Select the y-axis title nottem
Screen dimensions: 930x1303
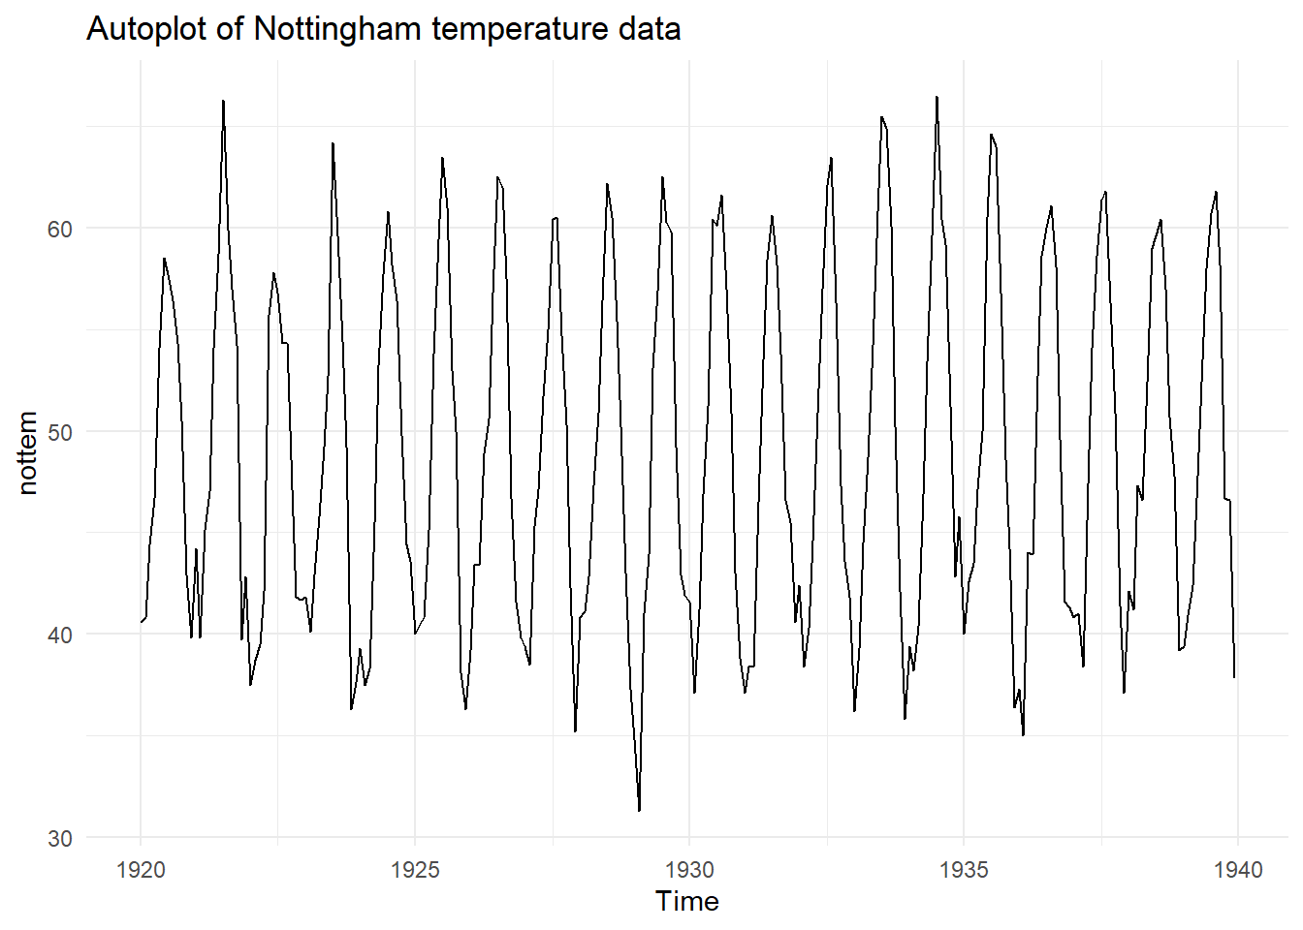(x=27, y=452)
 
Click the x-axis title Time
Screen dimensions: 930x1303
(x=686, y=902)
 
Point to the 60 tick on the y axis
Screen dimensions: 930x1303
(x=60, y=230)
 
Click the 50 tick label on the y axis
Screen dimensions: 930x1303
(x=60, y=433)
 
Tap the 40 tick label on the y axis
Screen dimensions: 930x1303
(x=60, y=635)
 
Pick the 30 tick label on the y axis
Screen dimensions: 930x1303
(x=60, y=839)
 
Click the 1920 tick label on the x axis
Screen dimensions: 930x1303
(x=141, y=870)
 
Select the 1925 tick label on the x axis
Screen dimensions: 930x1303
(x=415, y=870)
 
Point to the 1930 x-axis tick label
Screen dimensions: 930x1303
(x=689, y=870)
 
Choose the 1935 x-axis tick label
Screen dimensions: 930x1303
(x=964, y=870)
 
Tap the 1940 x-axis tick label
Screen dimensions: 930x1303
(x=1238, y=870)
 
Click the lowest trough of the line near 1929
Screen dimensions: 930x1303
(x=639, y=811)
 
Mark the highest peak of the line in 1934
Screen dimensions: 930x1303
(x=937, y=97)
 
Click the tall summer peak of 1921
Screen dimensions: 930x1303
(x=223, y=101)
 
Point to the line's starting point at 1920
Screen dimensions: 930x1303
(x=141, y=622)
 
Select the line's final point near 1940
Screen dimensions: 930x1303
(x=1234, y=677)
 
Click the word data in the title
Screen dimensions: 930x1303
(x=651, y=30)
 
